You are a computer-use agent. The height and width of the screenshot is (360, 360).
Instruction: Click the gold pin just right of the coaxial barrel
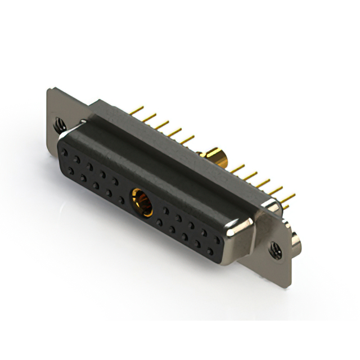(238, 168)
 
